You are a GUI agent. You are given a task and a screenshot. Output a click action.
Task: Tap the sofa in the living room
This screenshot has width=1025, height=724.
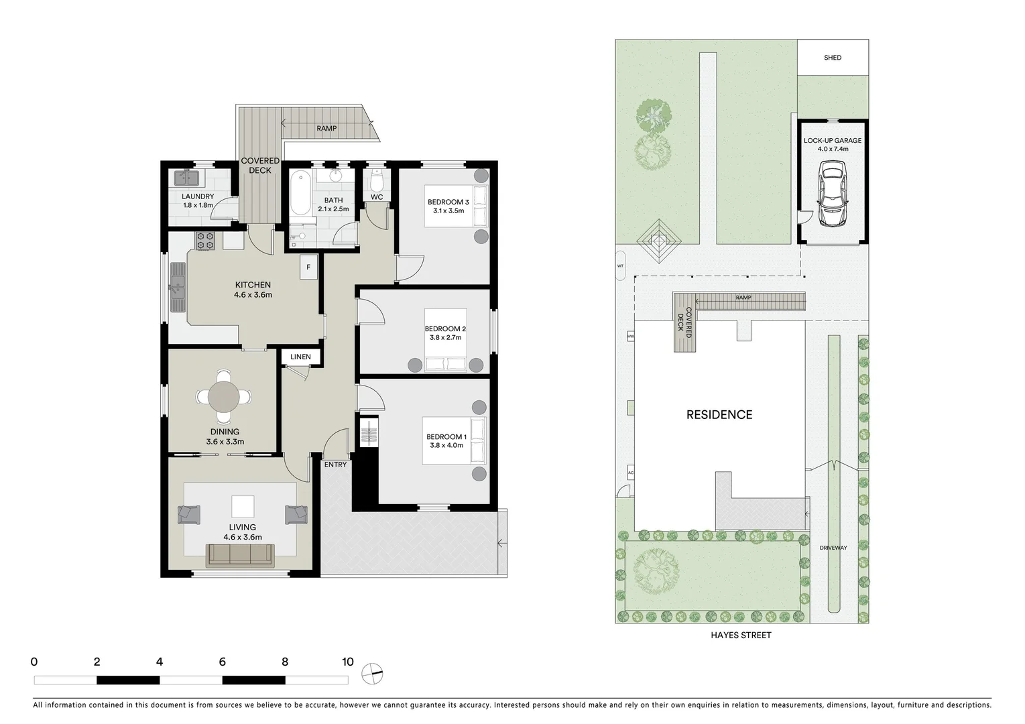pos(241,554)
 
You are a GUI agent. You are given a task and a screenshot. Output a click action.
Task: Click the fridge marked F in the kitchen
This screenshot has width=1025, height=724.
pos(308,267)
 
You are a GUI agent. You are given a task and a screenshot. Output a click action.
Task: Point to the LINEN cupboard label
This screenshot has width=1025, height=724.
pos(300,357)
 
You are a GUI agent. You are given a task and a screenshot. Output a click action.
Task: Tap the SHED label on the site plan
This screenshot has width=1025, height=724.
pos(833,58)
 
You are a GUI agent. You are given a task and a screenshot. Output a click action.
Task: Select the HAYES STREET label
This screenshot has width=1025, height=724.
pos(741,636)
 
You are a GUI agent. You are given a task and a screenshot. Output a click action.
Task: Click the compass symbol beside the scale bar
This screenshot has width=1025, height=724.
pos(371,673)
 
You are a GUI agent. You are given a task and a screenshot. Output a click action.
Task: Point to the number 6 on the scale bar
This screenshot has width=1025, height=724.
pos(222,662)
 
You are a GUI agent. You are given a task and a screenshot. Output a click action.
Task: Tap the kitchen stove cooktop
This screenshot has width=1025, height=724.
pos(205,241)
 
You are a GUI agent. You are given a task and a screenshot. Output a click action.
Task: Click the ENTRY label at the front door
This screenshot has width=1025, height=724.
pos(335,465)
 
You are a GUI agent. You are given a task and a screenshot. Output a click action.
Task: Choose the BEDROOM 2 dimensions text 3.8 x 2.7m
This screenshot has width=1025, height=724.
pos(445,338)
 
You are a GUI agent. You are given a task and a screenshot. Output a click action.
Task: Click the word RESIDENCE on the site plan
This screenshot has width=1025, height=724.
pos(719,415)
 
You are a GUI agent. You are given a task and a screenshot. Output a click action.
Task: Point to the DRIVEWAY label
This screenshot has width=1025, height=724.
pos(833,548)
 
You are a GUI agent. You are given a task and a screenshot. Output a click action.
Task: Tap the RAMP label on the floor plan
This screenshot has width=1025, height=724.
pos(326,129)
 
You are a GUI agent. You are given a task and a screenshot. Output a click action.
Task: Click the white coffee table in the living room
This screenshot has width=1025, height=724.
pos(243,506)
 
